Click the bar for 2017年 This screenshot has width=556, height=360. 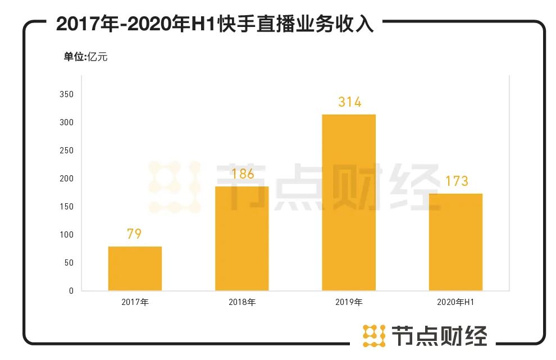click(135, 268)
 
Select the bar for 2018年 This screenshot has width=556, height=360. click(242, 239)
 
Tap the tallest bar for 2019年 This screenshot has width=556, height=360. click(349, 202)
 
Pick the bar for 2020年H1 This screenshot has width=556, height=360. click(455, 242)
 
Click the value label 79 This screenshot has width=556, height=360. click(134, 234)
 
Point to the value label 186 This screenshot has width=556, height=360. click(242, 174)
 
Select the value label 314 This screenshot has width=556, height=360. click(349, 102)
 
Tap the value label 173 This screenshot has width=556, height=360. click(456, 181)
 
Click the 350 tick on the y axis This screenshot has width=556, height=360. click(66, 94)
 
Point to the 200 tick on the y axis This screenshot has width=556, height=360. click(66, 179)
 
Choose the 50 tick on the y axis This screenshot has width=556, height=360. click(69, 263)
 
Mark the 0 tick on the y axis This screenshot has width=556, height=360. click(71, 291)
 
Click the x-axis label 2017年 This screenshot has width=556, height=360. click(135, 302)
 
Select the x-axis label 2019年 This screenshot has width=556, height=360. click(349, 302)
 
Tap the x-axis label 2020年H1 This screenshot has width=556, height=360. click(455, 302)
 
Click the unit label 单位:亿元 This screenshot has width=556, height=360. click(85, 57)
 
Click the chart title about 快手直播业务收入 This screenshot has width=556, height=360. click(215, 24)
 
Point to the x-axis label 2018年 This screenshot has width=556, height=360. click(242, 302)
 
